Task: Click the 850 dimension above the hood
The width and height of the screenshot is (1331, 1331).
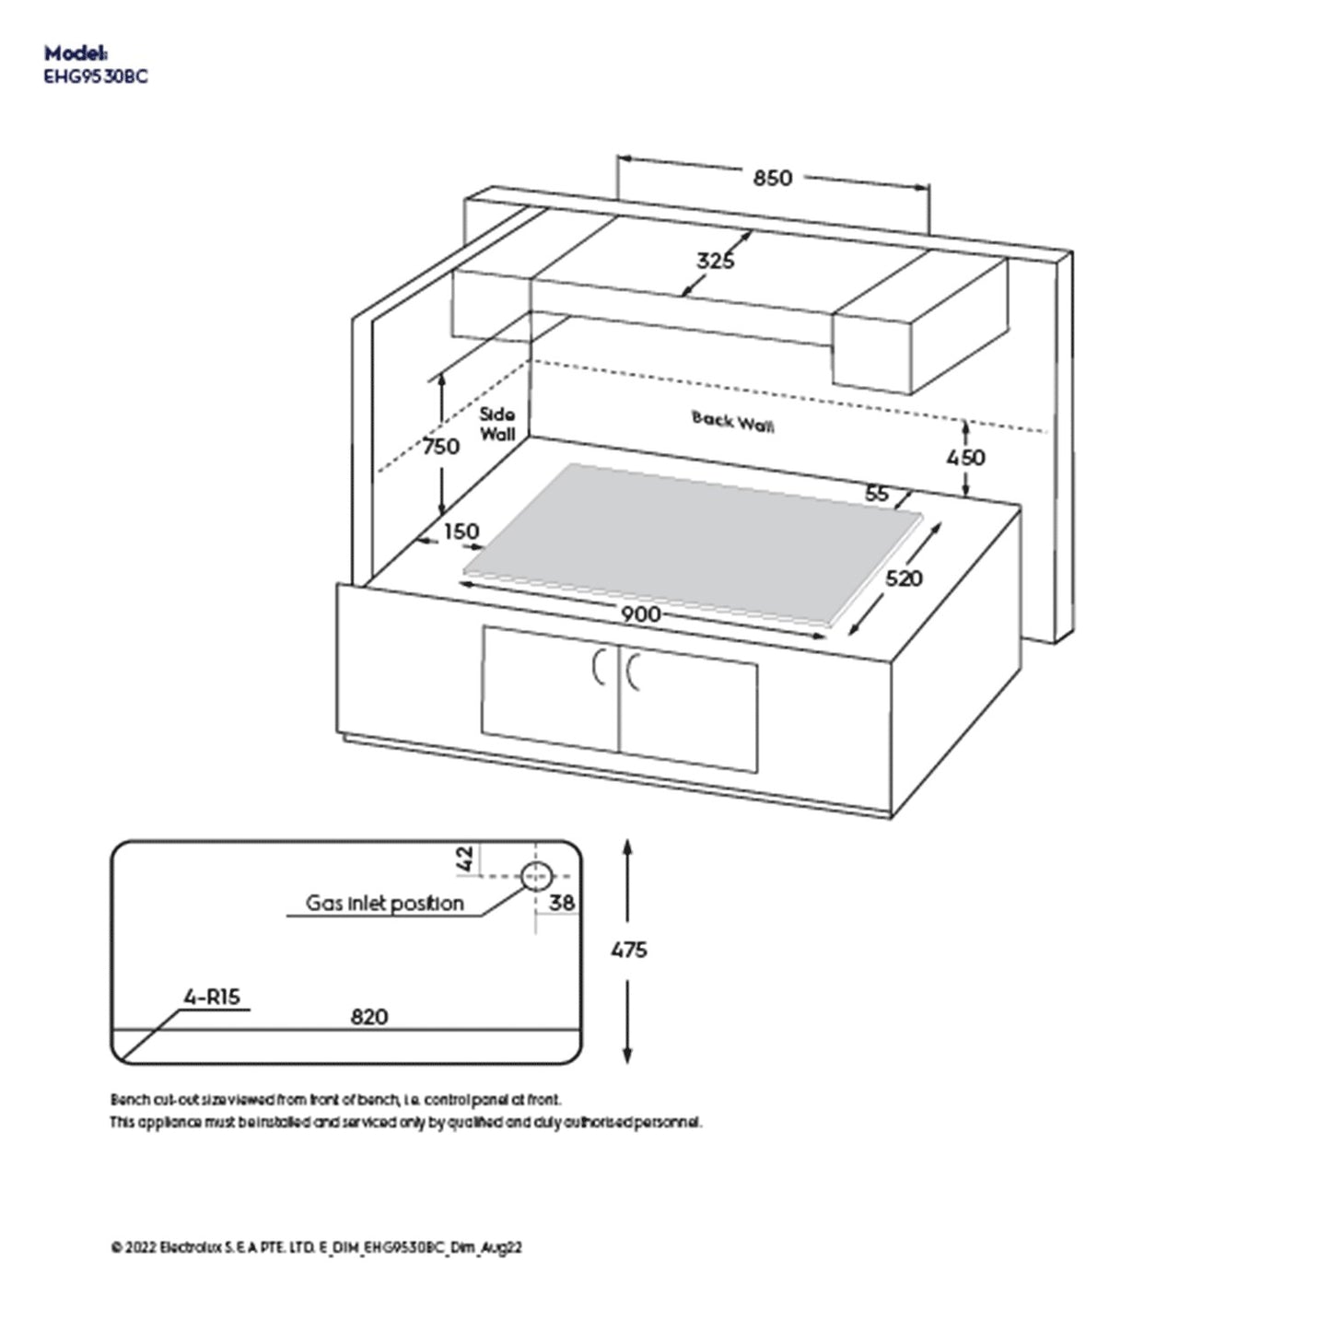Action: (772, 178)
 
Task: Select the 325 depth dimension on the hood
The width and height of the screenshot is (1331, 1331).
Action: (715, 261)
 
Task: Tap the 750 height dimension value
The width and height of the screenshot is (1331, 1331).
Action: (440, 447)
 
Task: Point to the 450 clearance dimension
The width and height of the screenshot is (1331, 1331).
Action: (965, 457)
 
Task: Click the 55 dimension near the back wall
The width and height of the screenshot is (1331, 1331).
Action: (877, 494)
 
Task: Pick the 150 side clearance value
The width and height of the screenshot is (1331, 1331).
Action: (461, 531)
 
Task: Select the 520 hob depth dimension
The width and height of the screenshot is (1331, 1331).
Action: (903, 578)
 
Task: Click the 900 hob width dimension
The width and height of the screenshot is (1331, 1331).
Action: (639, 613)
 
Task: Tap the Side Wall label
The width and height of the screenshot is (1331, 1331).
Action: (497, 424)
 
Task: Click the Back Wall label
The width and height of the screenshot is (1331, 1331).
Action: (732, 421)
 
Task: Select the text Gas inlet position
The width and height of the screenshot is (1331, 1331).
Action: (385, 904)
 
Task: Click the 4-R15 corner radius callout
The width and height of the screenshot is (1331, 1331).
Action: (212, 997)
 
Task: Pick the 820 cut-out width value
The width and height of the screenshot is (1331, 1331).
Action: (368, 1017)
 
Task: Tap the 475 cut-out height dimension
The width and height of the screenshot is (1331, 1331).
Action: (628, 950)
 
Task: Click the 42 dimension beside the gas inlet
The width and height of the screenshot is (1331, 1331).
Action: (466, 858)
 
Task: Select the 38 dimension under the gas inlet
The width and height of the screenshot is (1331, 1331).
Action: (561, 903)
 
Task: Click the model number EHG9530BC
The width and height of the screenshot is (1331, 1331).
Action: (96, 77)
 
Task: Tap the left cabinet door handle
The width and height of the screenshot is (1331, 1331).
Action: (599, 668)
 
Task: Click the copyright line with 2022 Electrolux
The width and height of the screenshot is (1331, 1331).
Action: (316, 1247)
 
